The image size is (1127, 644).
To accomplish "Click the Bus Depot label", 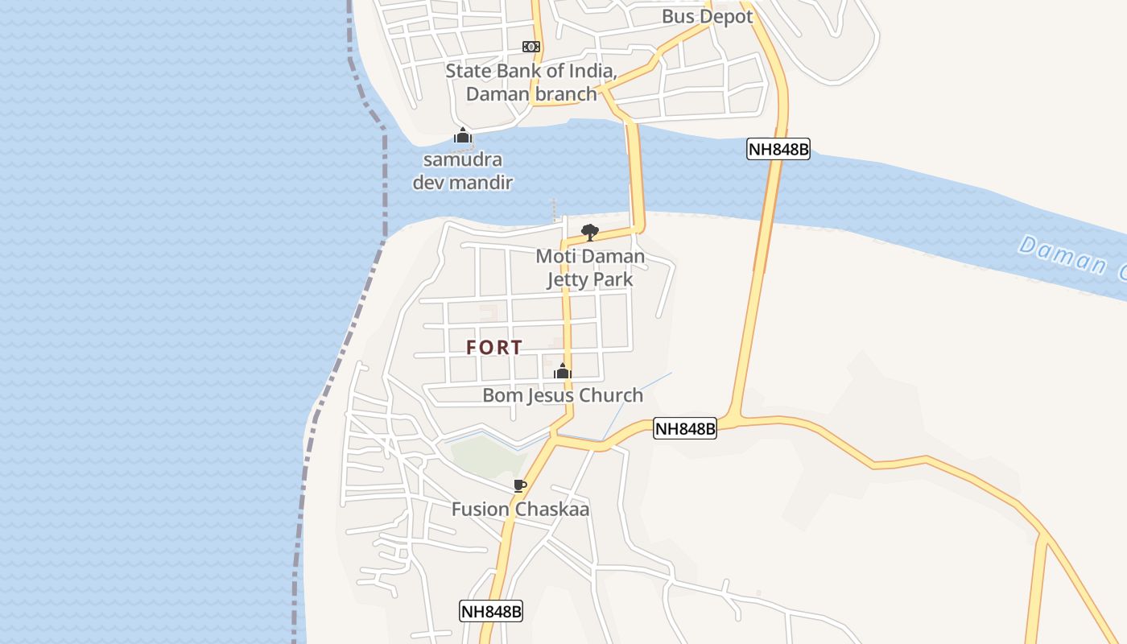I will [707, 16].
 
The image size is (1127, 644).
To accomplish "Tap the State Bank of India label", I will [531, 82].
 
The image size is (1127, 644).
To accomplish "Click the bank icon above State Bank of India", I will [531, 47].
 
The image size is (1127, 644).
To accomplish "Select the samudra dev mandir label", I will [463, 171].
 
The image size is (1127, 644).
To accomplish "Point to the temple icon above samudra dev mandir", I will [463, 134].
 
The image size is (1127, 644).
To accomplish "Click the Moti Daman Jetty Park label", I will [590, 268].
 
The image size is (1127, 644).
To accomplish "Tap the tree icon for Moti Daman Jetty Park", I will [590, 233].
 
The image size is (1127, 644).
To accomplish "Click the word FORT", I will [494, 348].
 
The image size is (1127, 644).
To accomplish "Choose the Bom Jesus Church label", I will [563, 395].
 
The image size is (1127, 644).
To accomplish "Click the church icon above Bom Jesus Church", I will [563, 371].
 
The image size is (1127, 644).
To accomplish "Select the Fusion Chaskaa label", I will [520, 510].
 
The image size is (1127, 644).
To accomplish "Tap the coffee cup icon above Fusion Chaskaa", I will [520, 485].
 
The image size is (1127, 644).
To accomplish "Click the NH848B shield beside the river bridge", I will [778, 149].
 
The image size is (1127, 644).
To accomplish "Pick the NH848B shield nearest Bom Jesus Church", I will [684, 429].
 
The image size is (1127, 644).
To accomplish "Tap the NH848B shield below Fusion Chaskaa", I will [491, 611].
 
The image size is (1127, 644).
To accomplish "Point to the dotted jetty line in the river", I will [554, 208].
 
